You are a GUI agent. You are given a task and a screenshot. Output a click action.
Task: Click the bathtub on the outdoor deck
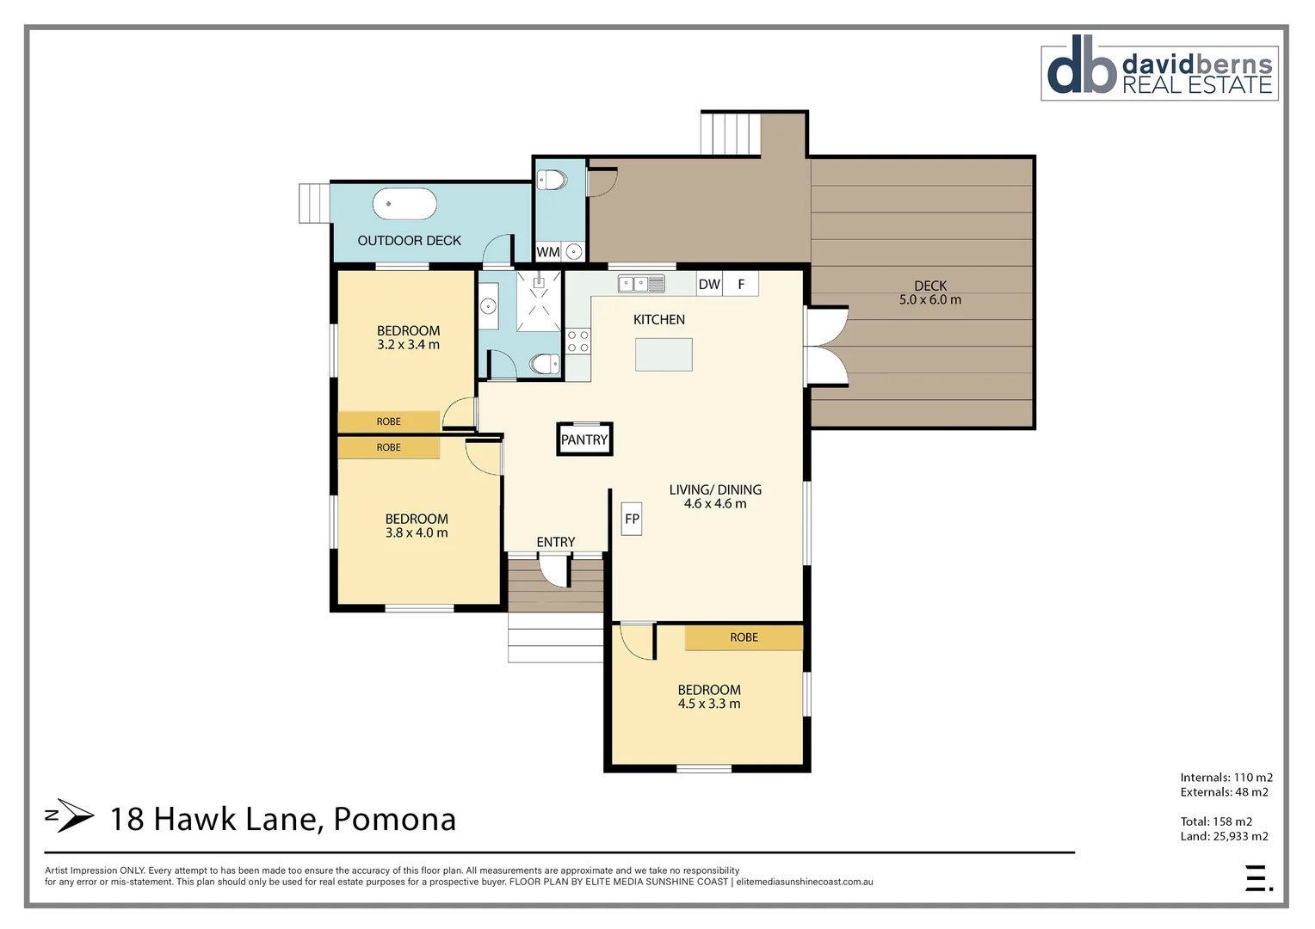[404, 204]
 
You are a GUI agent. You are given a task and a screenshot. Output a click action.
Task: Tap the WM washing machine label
[547, 252]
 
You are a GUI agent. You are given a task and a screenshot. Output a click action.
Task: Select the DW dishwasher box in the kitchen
[709, 284]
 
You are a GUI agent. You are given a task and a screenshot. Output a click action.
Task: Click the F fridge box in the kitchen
[741, 284]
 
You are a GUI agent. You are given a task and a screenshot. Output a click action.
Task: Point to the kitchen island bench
[664, 354]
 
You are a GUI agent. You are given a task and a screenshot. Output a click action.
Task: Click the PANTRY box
[584, 440]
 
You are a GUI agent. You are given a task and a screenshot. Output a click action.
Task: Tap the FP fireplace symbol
[632, 519]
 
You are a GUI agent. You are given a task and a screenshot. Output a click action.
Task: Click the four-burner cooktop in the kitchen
[578, 341]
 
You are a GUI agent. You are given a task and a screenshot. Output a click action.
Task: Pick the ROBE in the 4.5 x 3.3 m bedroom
[744, 637]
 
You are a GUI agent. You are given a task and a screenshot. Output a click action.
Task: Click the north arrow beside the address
[70, 815]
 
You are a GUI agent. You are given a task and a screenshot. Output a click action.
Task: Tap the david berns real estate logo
[1159, 72]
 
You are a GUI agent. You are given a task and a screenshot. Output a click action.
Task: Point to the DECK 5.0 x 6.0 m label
[930, 292]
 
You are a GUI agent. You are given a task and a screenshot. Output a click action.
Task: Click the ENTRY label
[555, 542]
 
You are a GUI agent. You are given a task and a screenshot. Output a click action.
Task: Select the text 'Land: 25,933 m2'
[1224, 836]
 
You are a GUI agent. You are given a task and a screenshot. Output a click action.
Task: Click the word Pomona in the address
[394, 819]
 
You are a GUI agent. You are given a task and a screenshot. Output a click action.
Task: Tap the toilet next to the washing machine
[552, 181]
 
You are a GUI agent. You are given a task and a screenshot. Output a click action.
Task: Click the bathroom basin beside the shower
[488, 305]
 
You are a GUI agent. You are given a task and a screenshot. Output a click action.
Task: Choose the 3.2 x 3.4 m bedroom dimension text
[408, 345]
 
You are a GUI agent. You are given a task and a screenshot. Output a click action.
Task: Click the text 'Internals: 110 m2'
[1225, 778]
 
